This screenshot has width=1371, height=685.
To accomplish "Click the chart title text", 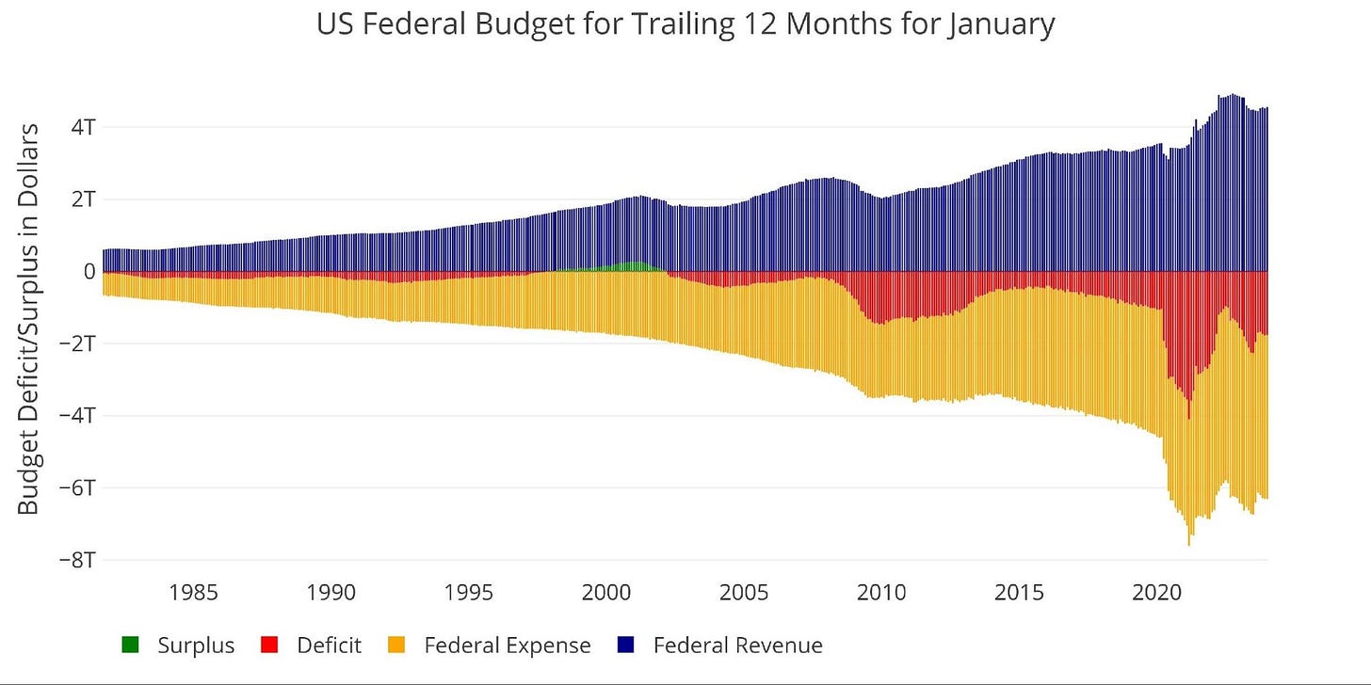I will pos(685,24).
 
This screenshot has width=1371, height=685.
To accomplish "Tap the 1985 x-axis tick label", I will pos(193,594).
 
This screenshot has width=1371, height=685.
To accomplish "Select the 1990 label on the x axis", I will pos(331,594).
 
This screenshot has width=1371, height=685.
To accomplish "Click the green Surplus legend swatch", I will pos(130,645).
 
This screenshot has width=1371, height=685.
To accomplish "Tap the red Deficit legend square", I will pos(269,645).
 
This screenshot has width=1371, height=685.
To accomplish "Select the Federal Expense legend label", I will pos(508,645).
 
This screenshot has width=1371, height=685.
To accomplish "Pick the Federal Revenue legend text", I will pos(737,645).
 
